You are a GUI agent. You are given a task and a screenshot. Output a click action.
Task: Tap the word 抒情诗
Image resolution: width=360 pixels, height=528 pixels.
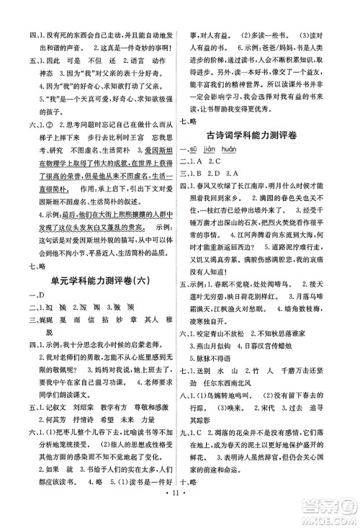(x=81, y=421)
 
